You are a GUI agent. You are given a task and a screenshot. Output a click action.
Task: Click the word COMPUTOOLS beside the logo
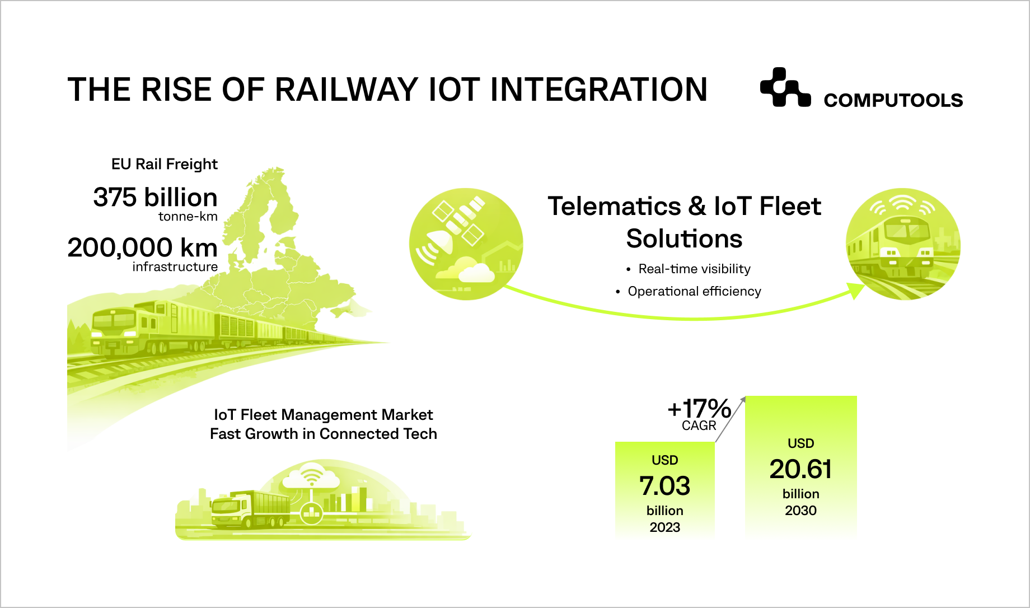point(893,100)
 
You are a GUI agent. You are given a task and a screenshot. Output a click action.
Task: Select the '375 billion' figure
point(155,198)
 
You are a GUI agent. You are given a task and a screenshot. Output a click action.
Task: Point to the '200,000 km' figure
point(142,247)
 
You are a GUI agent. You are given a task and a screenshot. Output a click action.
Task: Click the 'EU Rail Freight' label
point(164,164)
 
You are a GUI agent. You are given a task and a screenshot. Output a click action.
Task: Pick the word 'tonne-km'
point(188,217)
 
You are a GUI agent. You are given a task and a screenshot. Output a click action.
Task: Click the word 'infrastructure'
point(175,267)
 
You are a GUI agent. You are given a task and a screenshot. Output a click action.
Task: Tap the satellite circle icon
point(466,244)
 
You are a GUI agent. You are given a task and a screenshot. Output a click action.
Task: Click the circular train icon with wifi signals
point(902,244)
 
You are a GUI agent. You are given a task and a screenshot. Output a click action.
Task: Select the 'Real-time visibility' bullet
point(694,269)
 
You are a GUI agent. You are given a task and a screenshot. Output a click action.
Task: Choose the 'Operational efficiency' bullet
point(694,292)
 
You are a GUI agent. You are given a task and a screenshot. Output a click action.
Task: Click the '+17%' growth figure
point(699,409)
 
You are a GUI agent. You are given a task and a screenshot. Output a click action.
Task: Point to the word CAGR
point(699,425)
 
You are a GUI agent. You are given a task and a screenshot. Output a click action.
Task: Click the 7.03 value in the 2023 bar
point(664,486)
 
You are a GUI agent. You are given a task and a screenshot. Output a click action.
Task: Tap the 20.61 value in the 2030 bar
point(800,469)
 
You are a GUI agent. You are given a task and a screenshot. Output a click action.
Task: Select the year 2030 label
point(800,511)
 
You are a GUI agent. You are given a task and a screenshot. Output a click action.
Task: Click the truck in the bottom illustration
point(250,510)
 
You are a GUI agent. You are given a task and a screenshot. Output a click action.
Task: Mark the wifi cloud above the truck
point(311,478)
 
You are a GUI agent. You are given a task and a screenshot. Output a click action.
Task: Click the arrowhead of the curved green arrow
point(856,291)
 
